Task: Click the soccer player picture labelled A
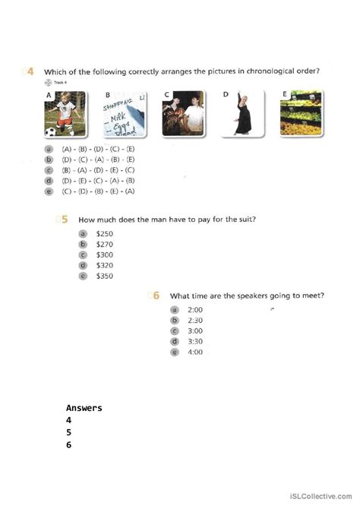[x=63, y=115]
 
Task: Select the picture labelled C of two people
[x=184, y=115]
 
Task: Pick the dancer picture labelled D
[x=243, y=115]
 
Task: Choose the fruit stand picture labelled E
[x=302, y=115]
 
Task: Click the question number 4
[x=30, y=71]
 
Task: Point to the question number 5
[x=65, y=220]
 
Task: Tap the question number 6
[x=156, y=296]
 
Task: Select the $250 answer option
[x=104, y=233]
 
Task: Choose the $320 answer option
[x=104, y=266]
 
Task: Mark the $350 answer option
[x=104, y=277]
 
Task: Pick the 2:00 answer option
[x=195, y=310]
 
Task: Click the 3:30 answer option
[x=195, y=342]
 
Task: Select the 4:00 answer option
[x=195, y=353]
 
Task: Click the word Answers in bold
[x=84, y=408]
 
